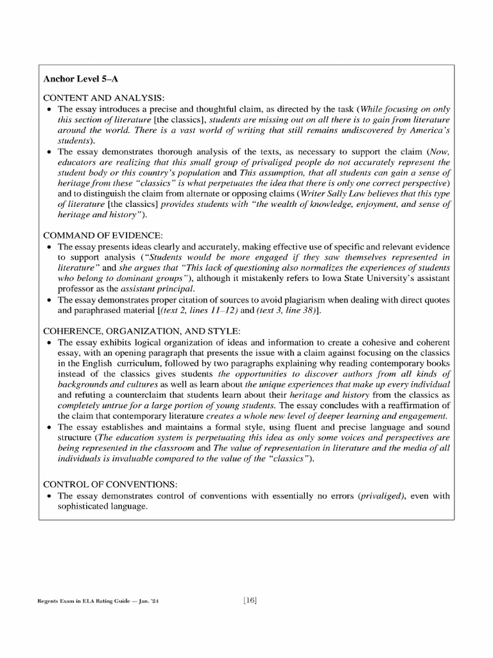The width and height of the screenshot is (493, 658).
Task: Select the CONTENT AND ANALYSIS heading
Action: click(103, 98)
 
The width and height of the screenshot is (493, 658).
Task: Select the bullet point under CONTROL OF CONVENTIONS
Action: click(50, 496)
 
